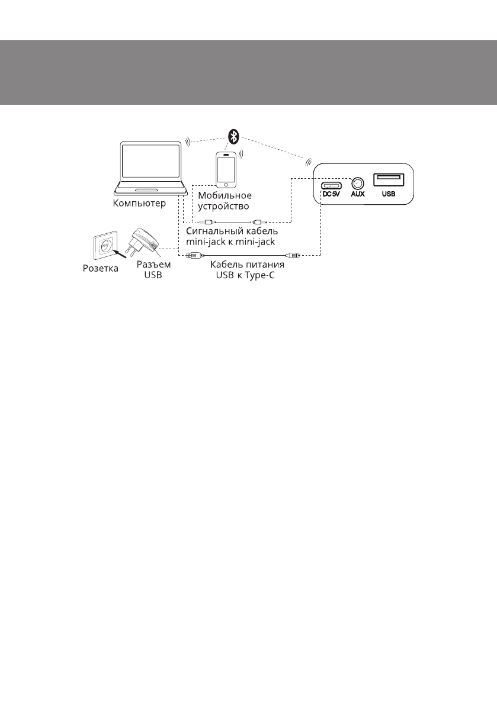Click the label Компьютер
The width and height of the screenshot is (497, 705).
(x=140, y=204)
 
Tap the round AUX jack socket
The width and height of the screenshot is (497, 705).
(x=357, y=184)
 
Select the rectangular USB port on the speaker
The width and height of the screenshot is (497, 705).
(x=389, y=180)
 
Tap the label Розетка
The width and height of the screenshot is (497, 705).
(x=100, y=268)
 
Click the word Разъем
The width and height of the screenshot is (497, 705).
(x=153, y=265)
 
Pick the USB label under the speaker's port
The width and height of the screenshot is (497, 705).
(x=389, y=194)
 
